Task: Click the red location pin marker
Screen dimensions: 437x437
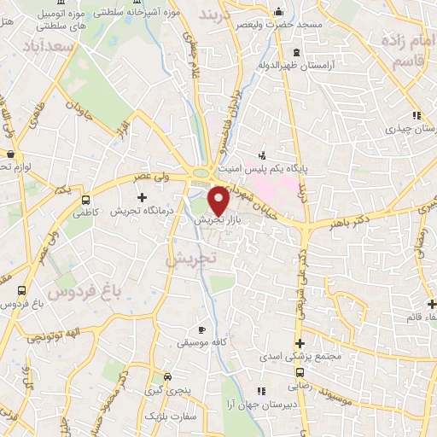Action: (x=219, y=201)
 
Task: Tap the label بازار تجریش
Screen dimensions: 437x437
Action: (x=213, y=220)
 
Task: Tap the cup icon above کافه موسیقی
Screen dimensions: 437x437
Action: (x=201, y=329)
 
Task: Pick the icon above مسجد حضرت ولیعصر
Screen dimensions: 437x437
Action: (x=279, y=12)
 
